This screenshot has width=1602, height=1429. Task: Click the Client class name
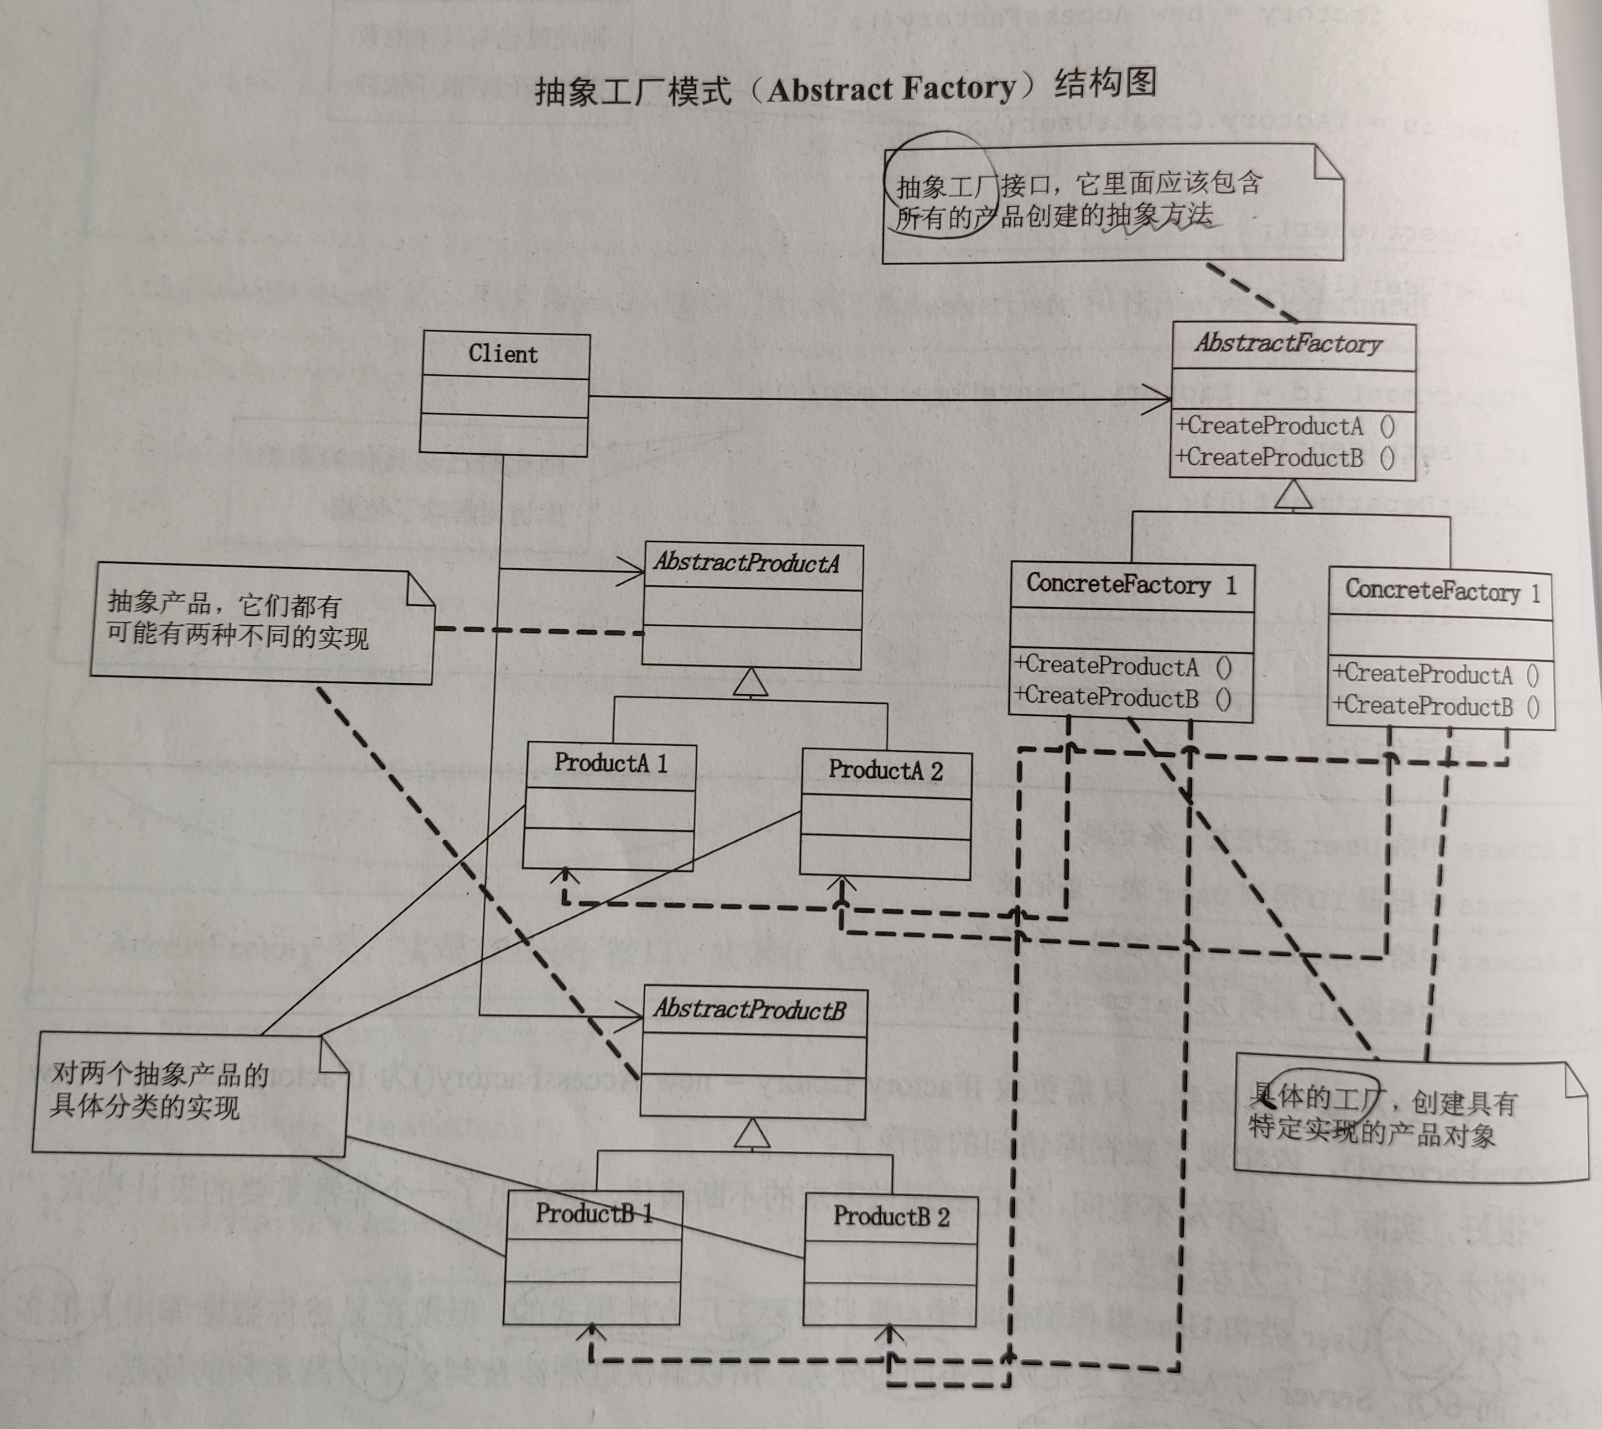pos(503,354)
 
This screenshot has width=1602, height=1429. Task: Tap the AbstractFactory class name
pos(1288,344)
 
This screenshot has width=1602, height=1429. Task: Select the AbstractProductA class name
pos(747,563)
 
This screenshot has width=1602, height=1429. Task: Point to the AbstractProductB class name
pos(749,1009)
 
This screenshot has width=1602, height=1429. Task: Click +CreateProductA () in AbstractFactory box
pos(1285,426)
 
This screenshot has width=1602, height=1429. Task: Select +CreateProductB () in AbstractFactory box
pos(1285,458)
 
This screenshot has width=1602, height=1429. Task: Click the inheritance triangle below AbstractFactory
pos(1292,495)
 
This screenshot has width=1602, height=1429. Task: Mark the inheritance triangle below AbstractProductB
pos(752,1133)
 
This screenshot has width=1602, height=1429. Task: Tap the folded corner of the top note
pos(1328,165)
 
